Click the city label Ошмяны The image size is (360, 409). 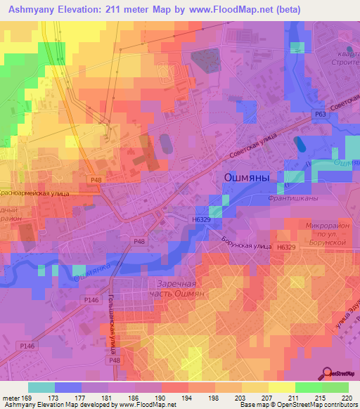(246, 178)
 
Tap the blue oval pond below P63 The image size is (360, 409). (300, 145)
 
